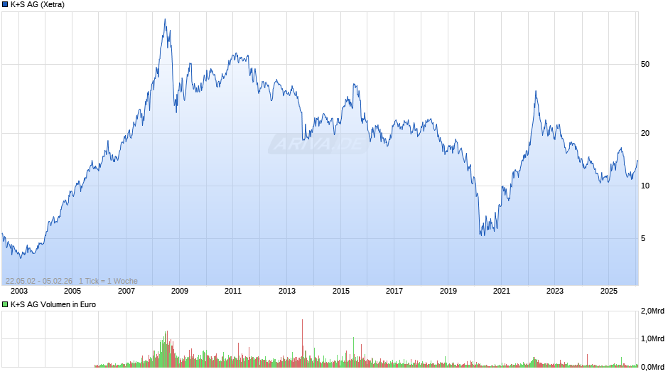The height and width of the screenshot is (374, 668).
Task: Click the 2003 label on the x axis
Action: pyautogui.click(x=19, y=291)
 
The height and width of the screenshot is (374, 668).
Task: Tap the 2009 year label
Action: pyautogui.click(x=180, y=291)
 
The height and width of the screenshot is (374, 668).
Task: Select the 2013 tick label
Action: pyautogui.click(x=287, y=291)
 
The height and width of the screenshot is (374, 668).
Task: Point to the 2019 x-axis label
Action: pyautogui.click(x=448, y=291)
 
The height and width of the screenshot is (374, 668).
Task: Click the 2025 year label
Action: pyautogui.click(x=608, y=291)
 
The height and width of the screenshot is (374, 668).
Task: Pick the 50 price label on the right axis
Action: pyautogui.click(x=645, y=65)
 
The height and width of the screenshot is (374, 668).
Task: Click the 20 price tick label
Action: pyautogui.click(x=645, y=133)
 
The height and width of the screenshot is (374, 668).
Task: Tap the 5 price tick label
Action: pyautogui.click(x=643, y=238)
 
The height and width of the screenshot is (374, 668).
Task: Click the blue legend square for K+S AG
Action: pyautogui.click(x=5, y=5)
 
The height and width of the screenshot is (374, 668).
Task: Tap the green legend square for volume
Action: pyautogui.click(x=5, y=304)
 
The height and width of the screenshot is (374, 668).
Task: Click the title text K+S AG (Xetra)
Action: pyautogui.click(x=38, y=5)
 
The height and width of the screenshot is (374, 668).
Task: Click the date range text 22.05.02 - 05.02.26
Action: pyautogui.click(x=39, y=281)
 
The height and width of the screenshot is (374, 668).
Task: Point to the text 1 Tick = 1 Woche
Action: pyautogui.click(x=108, y=281)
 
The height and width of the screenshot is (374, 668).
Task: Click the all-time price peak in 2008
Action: pyautogui.click(x=165, y=19)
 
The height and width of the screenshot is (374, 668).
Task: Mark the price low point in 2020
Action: pyautogui.click(x=482, y=235)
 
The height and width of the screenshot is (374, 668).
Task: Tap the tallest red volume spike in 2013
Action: pyautogui.click(x=303, y=321)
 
